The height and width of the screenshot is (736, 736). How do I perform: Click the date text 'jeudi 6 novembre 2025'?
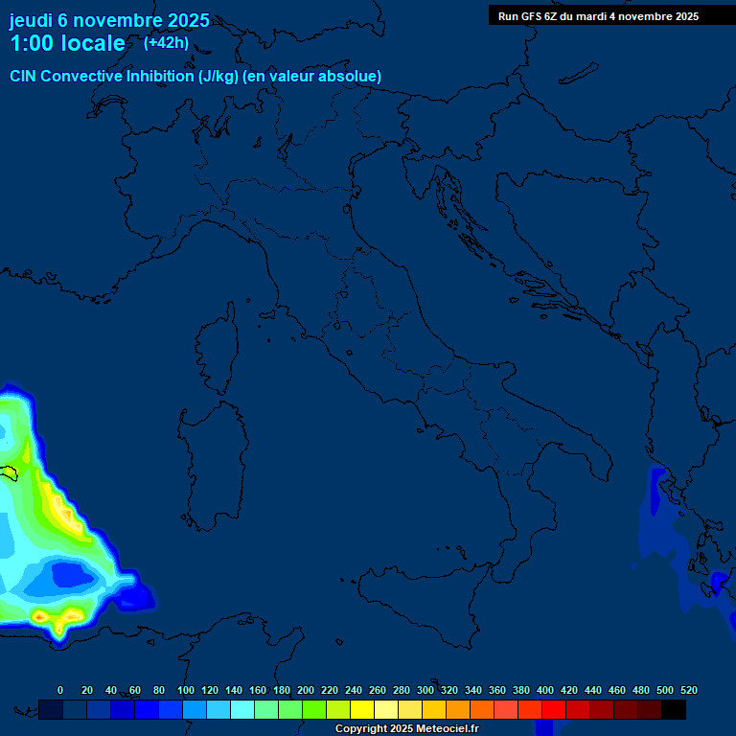[x=109, y=20]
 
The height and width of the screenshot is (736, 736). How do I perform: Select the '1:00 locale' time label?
[x=67, y=43]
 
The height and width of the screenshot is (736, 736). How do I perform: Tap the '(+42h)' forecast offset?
[x=166, y=42]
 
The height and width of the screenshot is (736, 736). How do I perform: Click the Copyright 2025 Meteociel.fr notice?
[x=405, y=729]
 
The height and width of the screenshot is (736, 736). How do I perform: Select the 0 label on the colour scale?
[x=60, y=690]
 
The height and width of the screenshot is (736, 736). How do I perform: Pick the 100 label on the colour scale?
[x=186, y=690]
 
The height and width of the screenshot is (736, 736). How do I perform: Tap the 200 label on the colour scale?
[x=306, y=690]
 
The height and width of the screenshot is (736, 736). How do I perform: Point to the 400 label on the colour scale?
[x=545, y=690]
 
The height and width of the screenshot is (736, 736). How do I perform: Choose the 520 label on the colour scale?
[x=688, y=690]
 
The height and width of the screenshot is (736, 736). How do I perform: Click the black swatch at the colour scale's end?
[x=674, y=709]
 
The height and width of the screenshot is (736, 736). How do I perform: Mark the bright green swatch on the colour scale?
[x=314, y=709]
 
